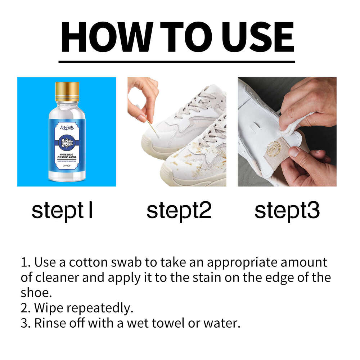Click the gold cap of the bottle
[67, 92]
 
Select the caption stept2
[179, 211]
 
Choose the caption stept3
[287, 211]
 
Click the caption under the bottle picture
[62, 211]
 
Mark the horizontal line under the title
[176, 62]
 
